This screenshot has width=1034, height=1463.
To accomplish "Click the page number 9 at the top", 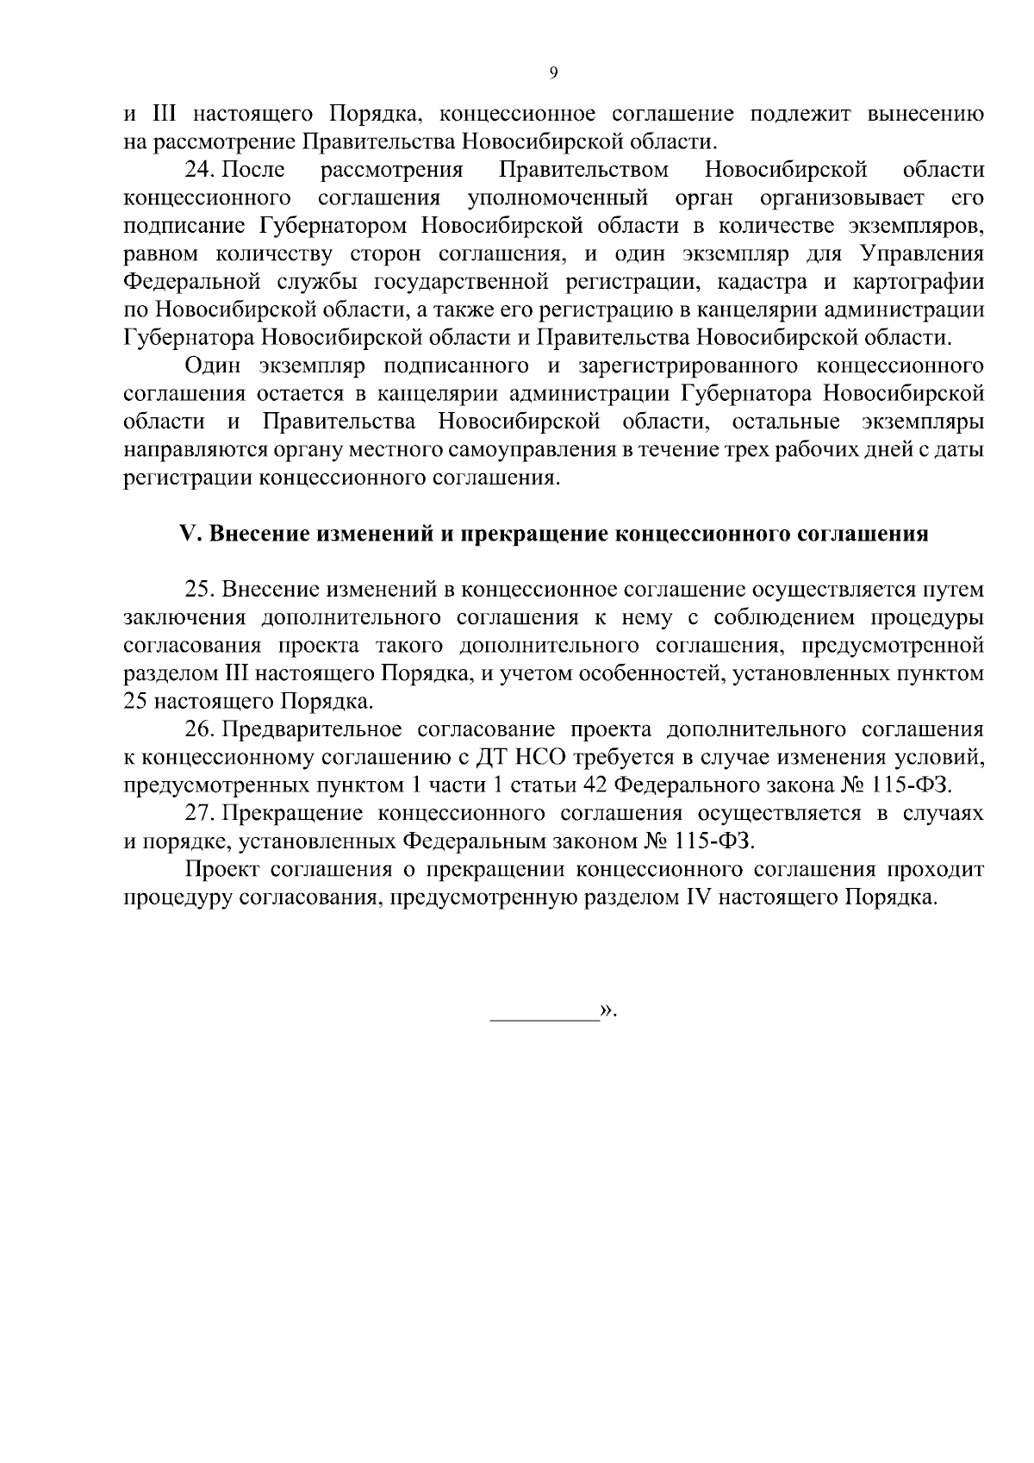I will point(553,73).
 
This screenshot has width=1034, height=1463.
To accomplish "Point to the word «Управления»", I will point(922,254).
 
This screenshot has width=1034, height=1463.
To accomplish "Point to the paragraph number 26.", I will point(200,730).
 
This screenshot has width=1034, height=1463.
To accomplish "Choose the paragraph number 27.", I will point(200,814).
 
